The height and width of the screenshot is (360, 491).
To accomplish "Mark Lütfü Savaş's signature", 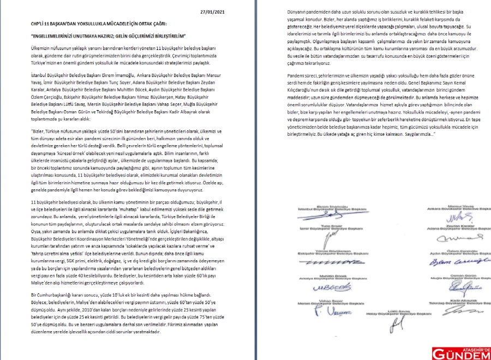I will pyautogui.click(x=385, y=322).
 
